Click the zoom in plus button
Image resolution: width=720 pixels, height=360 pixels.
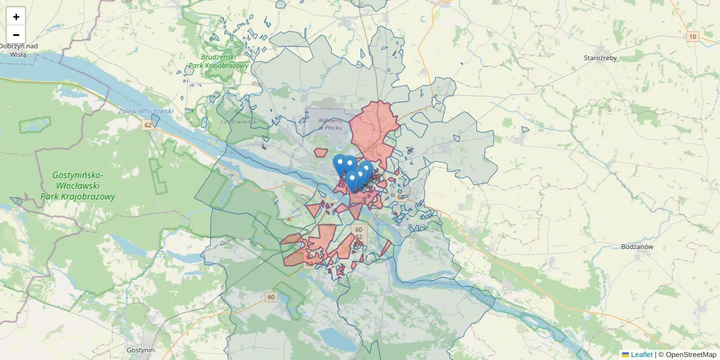pos(16,17)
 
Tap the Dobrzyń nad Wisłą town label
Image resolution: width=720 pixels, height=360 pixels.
pos(19,50)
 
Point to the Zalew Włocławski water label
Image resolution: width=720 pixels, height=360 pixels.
pos(146,111)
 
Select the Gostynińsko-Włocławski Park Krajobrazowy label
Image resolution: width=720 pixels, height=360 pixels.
pos(78,185)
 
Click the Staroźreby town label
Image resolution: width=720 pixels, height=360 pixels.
pos(600,58)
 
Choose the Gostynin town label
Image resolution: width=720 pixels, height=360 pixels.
pos(141,350)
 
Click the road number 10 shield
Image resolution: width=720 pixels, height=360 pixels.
pos(693,37)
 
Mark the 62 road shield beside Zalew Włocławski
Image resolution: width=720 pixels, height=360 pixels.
pos(148,125)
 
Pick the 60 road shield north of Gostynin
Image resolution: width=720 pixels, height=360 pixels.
pos(271,296)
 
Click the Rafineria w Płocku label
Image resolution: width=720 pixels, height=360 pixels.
pos(329,124)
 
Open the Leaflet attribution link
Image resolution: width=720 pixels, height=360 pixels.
pos(641,355)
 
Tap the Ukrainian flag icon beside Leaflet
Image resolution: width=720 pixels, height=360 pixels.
pos(625,355)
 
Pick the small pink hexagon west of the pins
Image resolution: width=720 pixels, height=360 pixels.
pos(320,153)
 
